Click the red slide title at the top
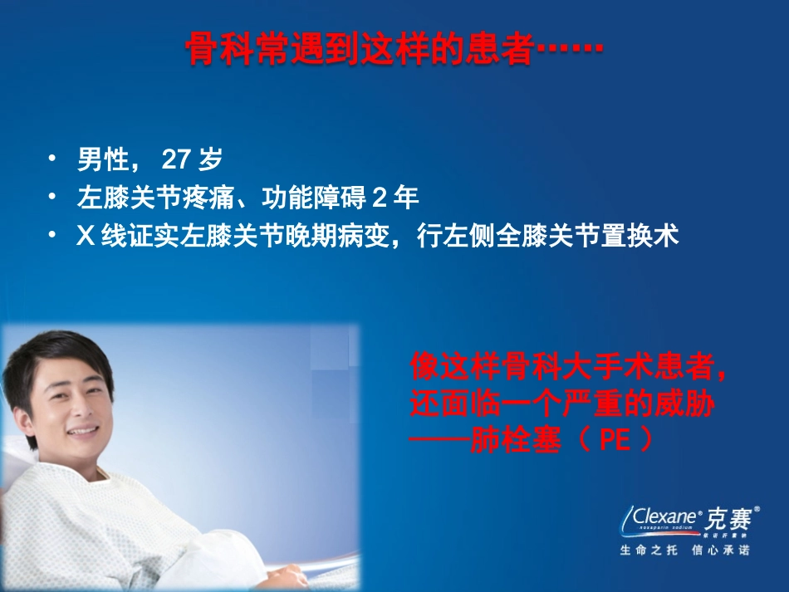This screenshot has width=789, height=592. tap(394, 49)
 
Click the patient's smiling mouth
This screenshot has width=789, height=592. tap(82, 433)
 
